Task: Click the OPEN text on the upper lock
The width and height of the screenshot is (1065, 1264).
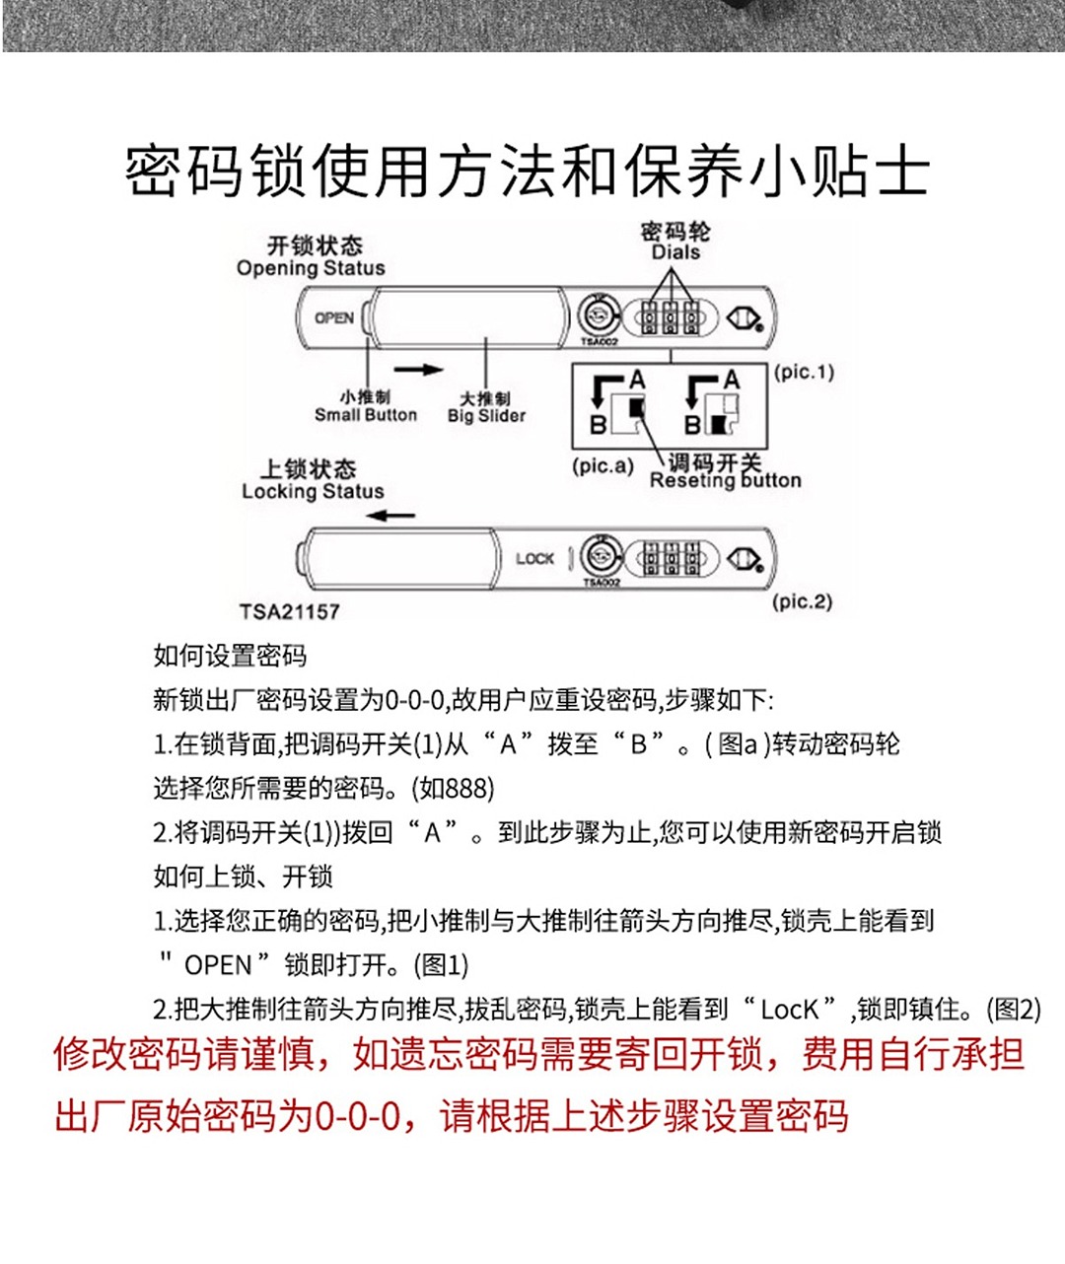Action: tap(334, 317)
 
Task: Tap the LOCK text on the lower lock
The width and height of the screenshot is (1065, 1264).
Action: tap(534, 558)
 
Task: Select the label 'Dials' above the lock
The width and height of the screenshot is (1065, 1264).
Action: tap(675, 252)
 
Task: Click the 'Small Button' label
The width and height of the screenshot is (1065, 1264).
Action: tap(366, 415)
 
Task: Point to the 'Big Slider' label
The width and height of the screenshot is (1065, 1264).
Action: tap(486, 416)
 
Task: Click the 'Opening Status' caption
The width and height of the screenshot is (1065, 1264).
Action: tap(311, 268)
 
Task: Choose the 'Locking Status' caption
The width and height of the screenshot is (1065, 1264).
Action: tap(313, 491)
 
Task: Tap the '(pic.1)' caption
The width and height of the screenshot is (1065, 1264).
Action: tap(804, 372)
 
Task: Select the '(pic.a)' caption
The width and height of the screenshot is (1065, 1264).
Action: tap(603, 465)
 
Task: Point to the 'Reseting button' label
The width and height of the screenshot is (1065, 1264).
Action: tap(725, 480)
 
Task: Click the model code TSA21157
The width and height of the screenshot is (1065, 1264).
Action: tap(290, 611)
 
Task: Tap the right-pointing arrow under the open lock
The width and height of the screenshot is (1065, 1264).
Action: tap(419, 370)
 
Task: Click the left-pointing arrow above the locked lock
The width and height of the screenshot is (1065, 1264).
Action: tap(396, 515)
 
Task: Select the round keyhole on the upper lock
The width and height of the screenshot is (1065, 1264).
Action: tap(596, 317)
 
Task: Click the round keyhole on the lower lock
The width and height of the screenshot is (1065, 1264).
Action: tap(600, 557)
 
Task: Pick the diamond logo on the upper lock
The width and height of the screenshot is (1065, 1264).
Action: tap(744, 318)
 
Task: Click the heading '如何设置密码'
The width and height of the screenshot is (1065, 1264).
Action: tap(230, 656)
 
